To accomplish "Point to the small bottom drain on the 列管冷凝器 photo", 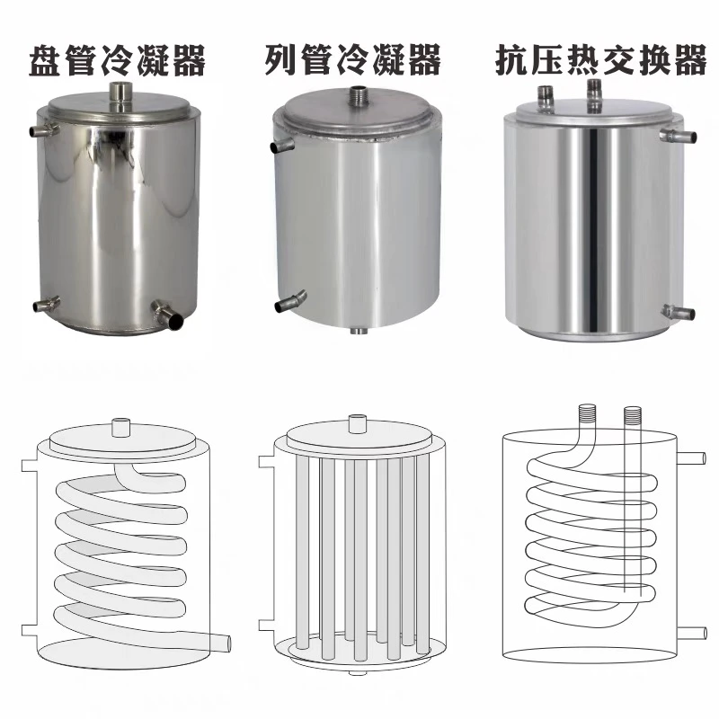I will (x=358, y=331).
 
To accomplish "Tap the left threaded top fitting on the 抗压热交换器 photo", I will (x=546, y=93).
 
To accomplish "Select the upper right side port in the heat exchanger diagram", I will (x=691, y=458).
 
